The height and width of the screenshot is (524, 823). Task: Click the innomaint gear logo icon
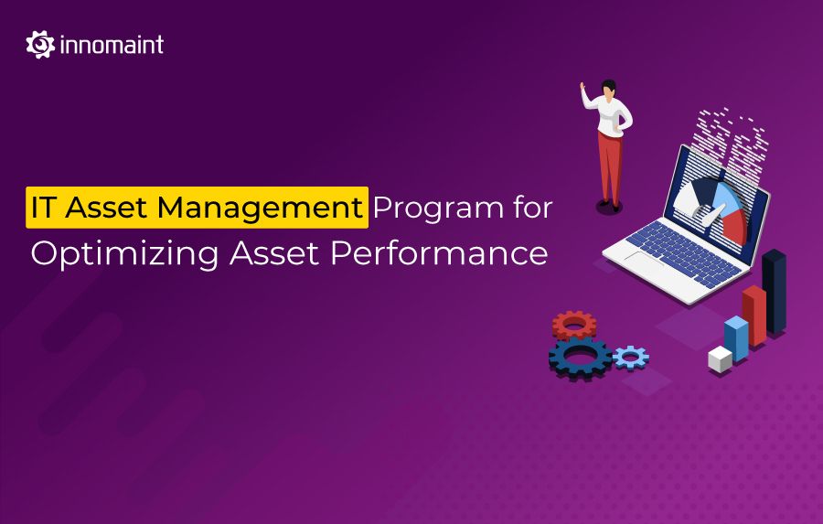pyautogui.click(x=40, y=45)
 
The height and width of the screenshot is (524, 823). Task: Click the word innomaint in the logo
pyautogui.click(x=112, y=45)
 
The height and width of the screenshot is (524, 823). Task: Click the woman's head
pyautogui.click(x=608, y=88)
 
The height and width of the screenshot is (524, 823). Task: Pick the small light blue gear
pyautogui.click(x=630, y=357)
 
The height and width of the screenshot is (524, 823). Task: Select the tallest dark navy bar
pyautogui.click(x=775, y=291)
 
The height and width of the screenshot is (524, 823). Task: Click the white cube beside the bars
pyautogui.click(x=720, y=358)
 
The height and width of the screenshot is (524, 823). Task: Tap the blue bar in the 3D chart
pyautogui.click(x=736, y=337)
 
